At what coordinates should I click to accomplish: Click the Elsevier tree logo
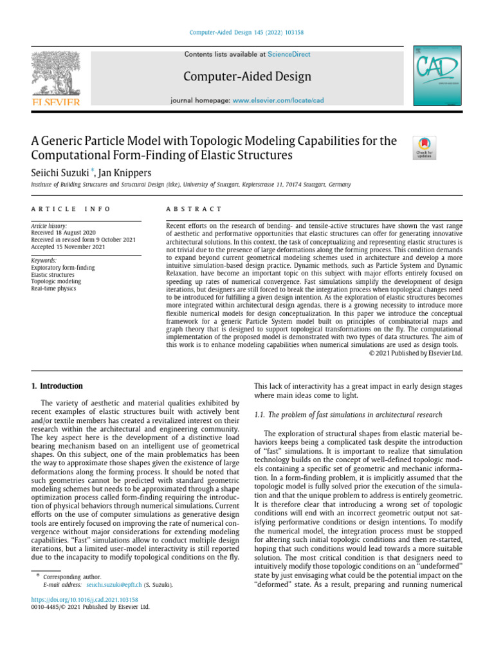[x=57, y=77]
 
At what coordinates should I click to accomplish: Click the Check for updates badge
[x=425, y=147]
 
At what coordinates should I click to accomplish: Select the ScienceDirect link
[x=289, y=55]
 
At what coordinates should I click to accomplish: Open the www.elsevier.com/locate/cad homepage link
[x=278, y=101]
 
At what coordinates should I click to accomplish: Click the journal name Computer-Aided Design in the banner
[x=247, y=77]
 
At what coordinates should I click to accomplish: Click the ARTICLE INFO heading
[x=71, y=209]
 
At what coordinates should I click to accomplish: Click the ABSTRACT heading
[x=194, y=209]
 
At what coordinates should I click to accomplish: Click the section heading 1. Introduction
[x=57, y=386]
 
